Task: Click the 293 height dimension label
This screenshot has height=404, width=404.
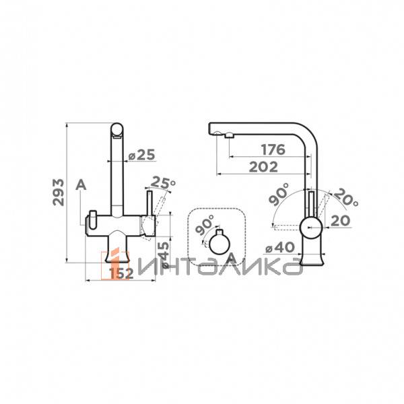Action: coord(58,192)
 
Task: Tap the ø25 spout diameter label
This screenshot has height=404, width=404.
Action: coord(141,155)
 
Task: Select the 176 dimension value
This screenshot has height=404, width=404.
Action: coord(273,149)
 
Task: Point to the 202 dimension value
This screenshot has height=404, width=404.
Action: coord(263,167)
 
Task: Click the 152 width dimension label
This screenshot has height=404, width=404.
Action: coord(121,273)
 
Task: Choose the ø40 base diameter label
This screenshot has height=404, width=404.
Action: coord(280,248)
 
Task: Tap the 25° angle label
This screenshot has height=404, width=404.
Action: coord(163,182)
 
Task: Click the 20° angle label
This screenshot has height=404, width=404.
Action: coord(346,197)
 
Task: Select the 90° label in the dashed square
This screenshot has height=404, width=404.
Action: coord(205,225)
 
